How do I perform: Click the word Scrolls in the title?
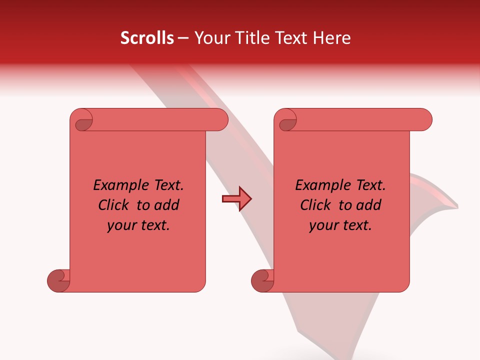click(147, 38)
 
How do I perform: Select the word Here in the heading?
click(332, 38)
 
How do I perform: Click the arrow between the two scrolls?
click(236, 199)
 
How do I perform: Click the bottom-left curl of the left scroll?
click(58, 280)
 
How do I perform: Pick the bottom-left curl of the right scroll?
click(262, 280)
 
